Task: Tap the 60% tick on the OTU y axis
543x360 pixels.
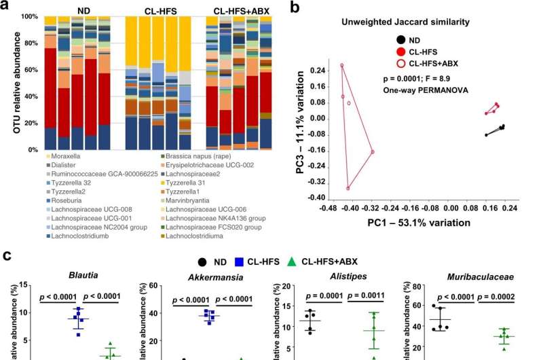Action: pyautogui.click(x=32, y=71)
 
